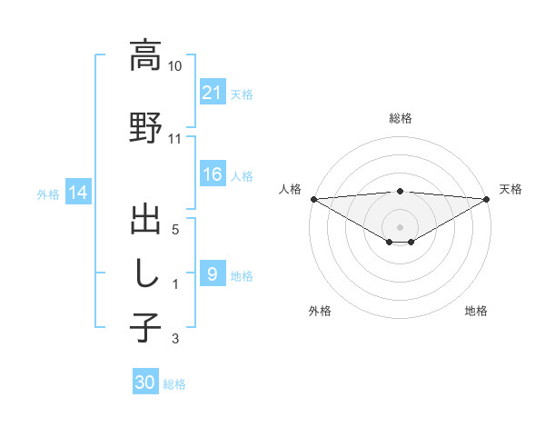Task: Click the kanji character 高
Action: pyautogui.click(x=145, y=55)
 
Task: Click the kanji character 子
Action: pyautogui.click(x=145, y=326)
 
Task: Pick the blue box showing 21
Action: pyautogui.click(x=212, y=94)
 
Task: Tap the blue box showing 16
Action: pyautogui.click(x=212, y=175)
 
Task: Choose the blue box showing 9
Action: pyautogui.click(x=212, y=274)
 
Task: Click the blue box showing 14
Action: pyautogui.click(x=78, y=193)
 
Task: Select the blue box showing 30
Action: pyautogui.click(x=145, y=383)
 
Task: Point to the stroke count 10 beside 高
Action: pyautogui.click(x=175, y=66)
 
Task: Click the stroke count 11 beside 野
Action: pyautogui.click(x=175, y=139)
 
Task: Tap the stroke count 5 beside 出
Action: pyautogui.click(x=175, y=231)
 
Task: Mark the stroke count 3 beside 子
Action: pyautogui.click(x=175, y=339)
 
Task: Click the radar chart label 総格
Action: pyautogui.click(x=401, y=118)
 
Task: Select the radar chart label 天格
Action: pyautogui.click(x=511, y=189)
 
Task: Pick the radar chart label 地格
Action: pyautogui.click(x=476, y=311)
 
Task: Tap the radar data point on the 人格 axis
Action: pyautogui.click(x=313, y=198)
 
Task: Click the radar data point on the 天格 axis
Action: pyautogui.click(x=487, y=198)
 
